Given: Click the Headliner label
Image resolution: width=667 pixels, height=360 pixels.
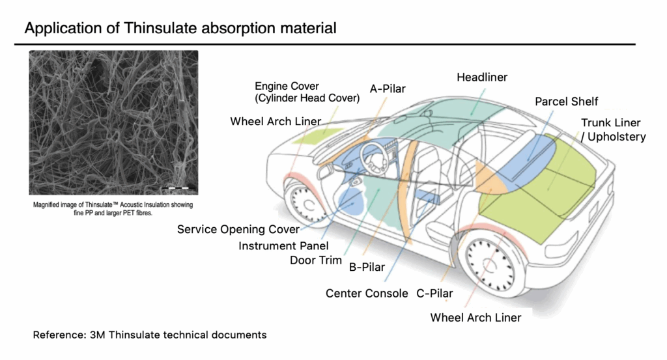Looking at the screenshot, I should [481, 77].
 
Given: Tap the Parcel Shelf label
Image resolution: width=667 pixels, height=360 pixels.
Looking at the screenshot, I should [566, 102].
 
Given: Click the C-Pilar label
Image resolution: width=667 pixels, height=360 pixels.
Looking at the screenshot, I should [434, 293].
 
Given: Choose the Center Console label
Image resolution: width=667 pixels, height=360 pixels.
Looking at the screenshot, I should [367, 293].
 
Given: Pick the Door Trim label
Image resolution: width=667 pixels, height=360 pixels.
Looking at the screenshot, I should [316, 260].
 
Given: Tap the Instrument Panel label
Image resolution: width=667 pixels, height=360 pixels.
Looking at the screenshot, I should [283, 245].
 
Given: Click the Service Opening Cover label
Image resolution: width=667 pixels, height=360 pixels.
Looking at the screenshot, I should [238, 229].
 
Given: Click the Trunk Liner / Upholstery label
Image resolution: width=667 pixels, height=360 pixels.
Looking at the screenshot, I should [613, 130].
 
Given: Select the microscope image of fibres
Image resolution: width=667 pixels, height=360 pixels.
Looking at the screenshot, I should [113, 122].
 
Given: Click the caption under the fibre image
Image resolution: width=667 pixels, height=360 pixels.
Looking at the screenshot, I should [113, 208].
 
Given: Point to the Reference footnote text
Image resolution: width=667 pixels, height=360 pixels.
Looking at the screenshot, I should [150, 335].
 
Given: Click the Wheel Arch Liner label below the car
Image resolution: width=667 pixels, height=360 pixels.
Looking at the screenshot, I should [475, 318].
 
